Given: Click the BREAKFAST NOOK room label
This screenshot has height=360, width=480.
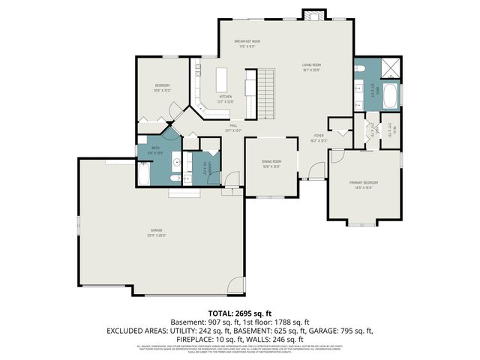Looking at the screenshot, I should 247,41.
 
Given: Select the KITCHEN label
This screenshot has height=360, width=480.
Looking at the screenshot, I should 226,97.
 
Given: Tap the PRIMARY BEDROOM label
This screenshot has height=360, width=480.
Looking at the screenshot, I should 364,182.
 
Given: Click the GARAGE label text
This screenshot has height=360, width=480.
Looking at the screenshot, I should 156,229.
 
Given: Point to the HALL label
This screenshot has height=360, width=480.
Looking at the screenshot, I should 233,126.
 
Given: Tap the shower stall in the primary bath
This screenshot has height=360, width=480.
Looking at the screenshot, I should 390,69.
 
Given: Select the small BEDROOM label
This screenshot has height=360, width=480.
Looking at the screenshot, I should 163,85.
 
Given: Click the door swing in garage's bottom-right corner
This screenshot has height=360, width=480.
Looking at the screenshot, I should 237,286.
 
